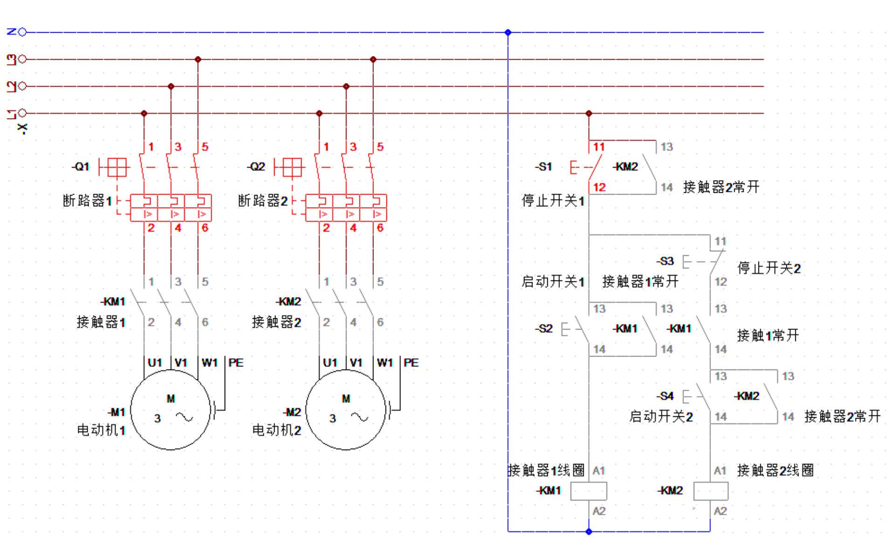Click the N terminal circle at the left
click(x=22, y=32)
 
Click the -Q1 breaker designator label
click(x=81, y=167)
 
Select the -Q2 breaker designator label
click(x=256, y=167)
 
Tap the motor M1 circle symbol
click(x=171, y=410)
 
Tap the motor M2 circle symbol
click(x=346, y=410)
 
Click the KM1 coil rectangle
click(x=589, y=491)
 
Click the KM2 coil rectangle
click(x=710, y=491)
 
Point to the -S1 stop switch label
click(x=544, y=167)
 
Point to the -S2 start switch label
click(x=544, y=329)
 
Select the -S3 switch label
click(x=665, y=261)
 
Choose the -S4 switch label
click(x=665, y=396)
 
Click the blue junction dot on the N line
click(x=508, y=33)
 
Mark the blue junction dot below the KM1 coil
click(x=589, y=532)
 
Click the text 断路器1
click(x=88, y=201)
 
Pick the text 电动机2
click(x=276, y=430)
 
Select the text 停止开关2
click(x=769, y=268)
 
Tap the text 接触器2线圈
click(x=775, y=470)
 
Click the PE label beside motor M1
click(x=235, y=363)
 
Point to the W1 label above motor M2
click(x=385, y=363)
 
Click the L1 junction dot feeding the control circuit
click(x=589, y=113)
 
